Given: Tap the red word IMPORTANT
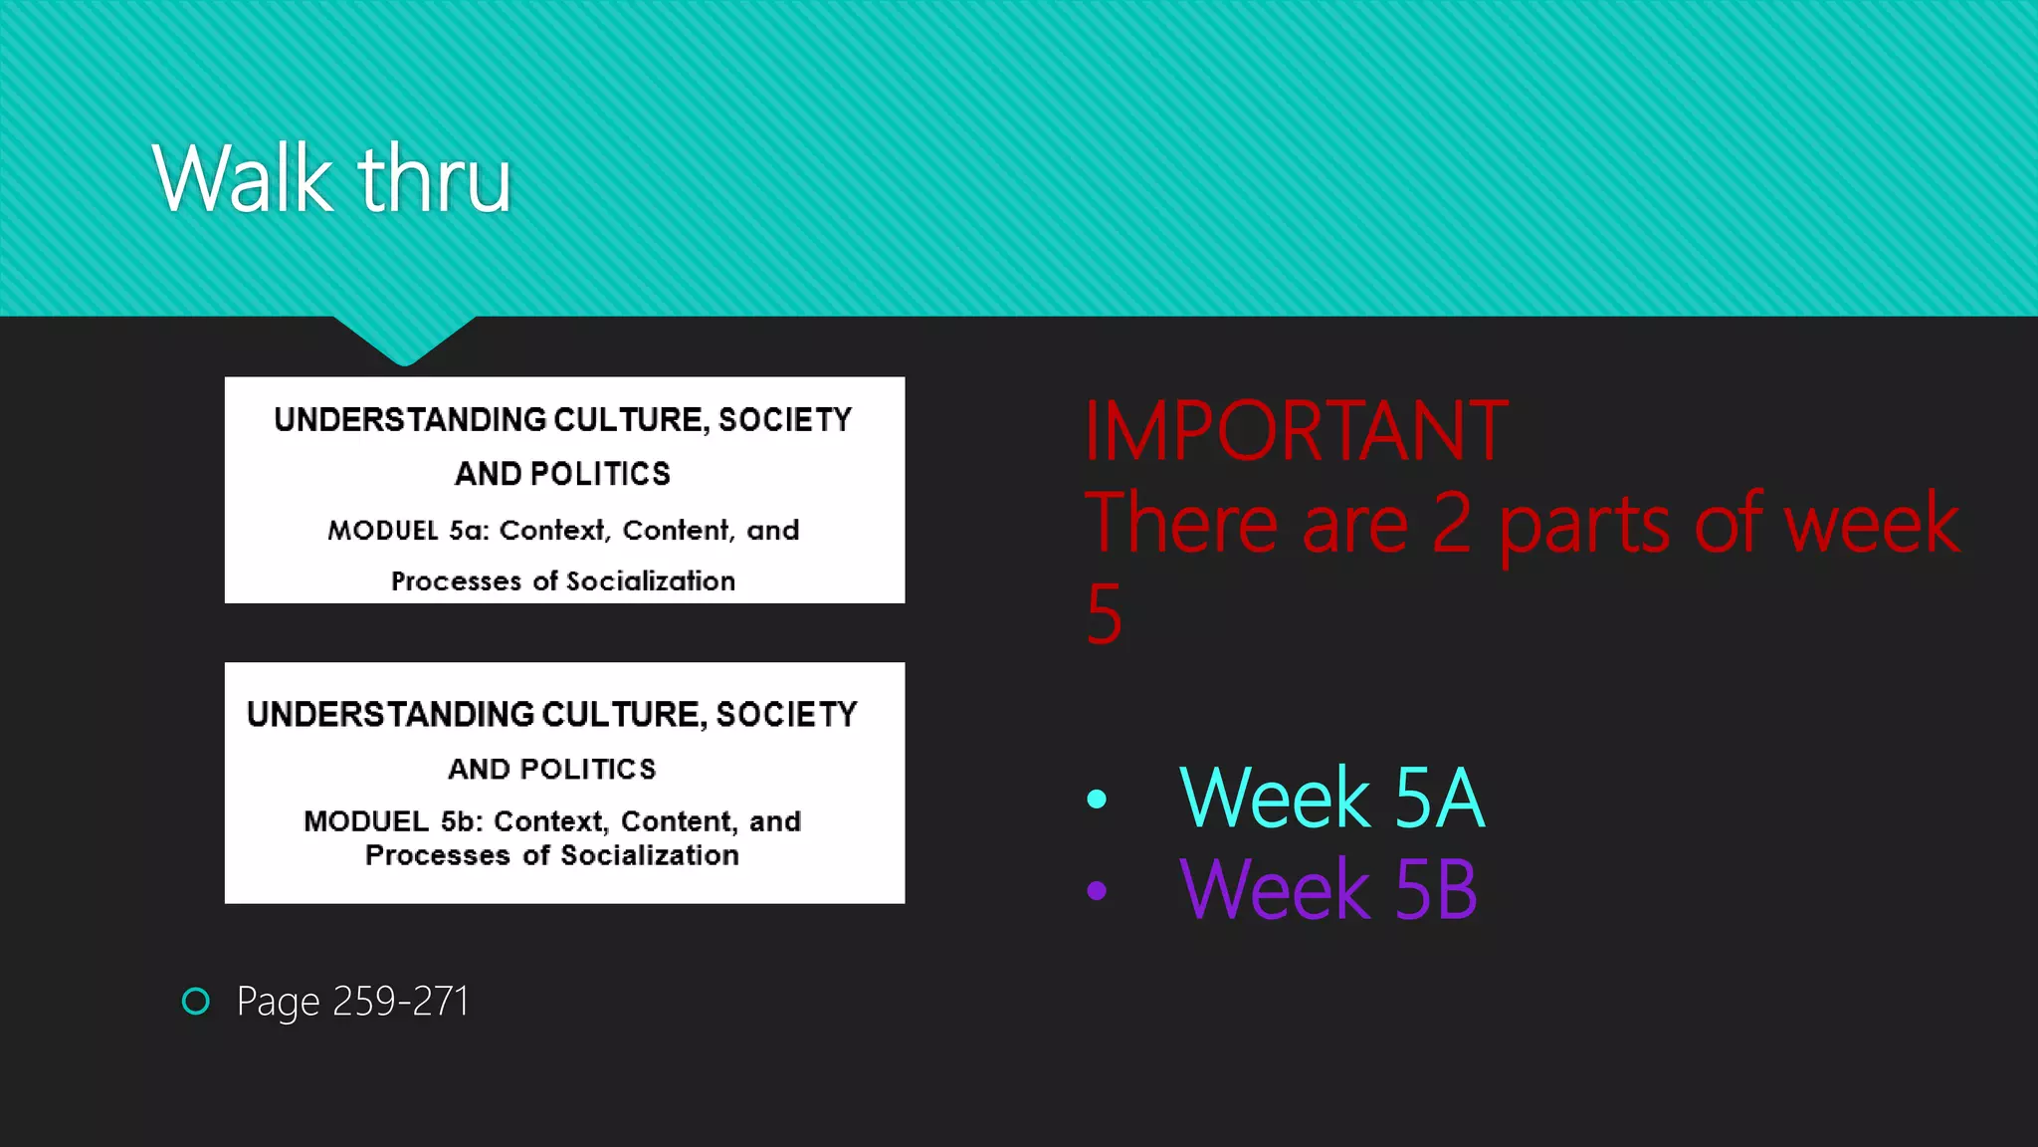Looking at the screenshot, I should [1296, 430].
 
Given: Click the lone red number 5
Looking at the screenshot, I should [1104, 614].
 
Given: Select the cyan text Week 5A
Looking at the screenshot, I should [1330, 798].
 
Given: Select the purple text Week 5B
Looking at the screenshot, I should [1327, 889].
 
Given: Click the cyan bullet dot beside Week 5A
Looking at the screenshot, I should [1097, 799].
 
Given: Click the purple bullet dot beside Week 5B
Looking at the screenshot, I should [1097, 890].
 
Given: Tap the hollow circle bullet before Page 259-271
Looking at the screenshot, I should [196, 1001].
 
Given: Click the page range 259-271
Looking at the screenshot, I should [400, 1001].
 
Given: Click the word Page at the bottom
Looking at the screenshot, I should [279, 1002].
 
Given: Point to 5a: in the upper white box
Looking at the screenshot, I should [469, 530].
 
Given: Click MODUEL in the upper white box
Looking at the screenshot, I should [383, 530].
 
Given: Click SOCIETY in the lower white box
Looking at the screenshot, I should [786, 714].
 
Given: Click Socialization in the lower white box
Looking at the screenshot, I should [650, 855].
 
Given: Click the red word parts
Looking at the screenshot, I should [1584, 524].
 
